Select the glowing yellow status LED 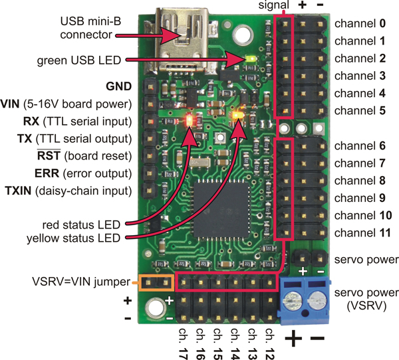coord(236,117)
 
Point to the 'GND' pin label coord(119,86)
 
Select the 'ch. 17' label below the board coord(183,339)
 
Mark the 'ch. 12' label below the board coord(269,339)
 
